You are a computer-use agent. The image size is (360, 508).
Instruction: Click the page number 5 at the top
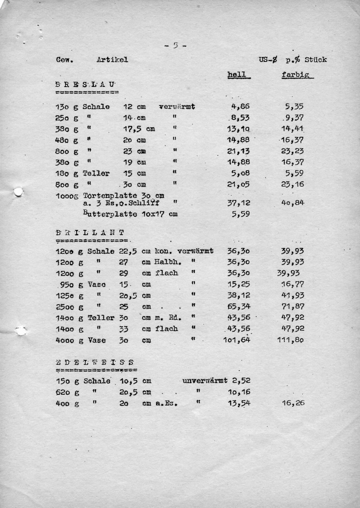(x=175, y=45)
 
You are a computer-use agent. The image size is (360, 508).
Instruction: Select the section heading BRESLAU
(x=85, y=85)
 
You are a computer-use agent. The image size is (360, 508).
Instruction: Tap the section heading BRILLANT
(x=90, y=233)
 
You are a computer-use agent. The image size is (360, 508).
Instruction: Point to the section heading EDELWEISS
(x=95, y=362)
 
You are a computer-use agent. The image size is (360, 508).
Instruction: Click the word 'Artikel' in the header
(x=112, y=60)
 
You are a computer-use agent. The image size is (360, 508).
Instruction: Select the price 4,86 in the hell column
(x=240, y=107)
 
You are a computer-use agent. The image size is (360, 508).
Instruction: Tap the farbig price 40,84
(x=292, y=203)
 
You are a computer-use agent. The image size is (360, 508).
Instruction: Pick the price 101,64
(x=237, y=340)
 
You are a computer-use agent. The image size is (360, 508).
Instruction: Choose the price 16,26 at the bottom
(x=293, y=403)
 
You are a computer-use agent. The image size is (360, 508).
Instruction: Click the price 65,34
(x=239, y=307)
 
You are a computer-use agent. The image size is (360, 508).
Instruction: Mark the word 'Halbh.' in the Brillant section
(x=168, y=262)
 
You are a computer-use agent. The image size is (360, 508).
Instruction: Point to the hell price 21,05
(x=239, y=184)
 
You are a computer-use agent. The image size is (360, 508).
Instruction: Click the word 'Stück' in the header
(x=316, y=60)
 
